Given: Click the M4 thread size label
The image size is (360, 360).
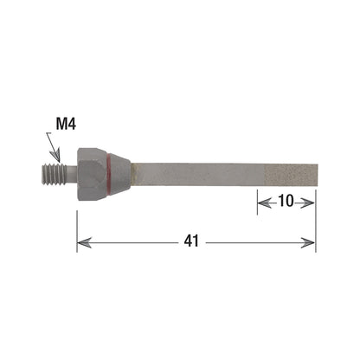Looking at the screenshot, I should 66,124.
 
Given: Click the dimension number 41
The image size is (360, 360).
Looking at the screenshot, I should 191,242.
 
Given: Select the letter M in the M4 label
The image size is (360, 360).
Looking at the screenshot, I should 61,124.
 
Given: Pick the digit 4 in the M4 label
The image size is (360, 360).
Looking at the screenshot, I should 72,124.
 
